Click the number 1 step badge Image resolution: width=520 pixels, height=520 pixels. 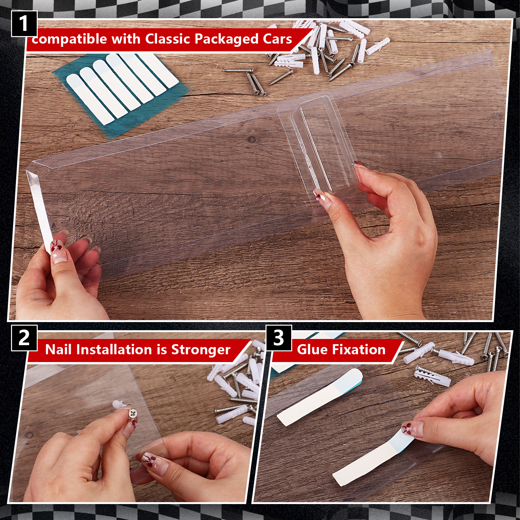24,24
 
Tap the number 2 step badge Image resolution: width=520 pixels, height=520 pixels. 24,338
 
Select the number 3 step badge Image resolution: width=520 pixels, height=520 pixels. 279,338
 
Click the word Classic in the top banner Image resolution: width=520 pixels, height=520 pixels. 168,39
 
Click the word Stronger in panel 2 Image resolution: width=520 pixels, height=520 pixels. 201,350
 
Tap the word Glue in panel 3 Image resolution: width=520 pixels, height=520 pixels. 311,350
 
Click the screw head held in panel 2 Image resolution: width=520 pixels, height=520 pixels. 133,414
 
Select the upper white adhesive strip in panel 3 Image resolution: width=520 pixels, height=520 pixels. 320,397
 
